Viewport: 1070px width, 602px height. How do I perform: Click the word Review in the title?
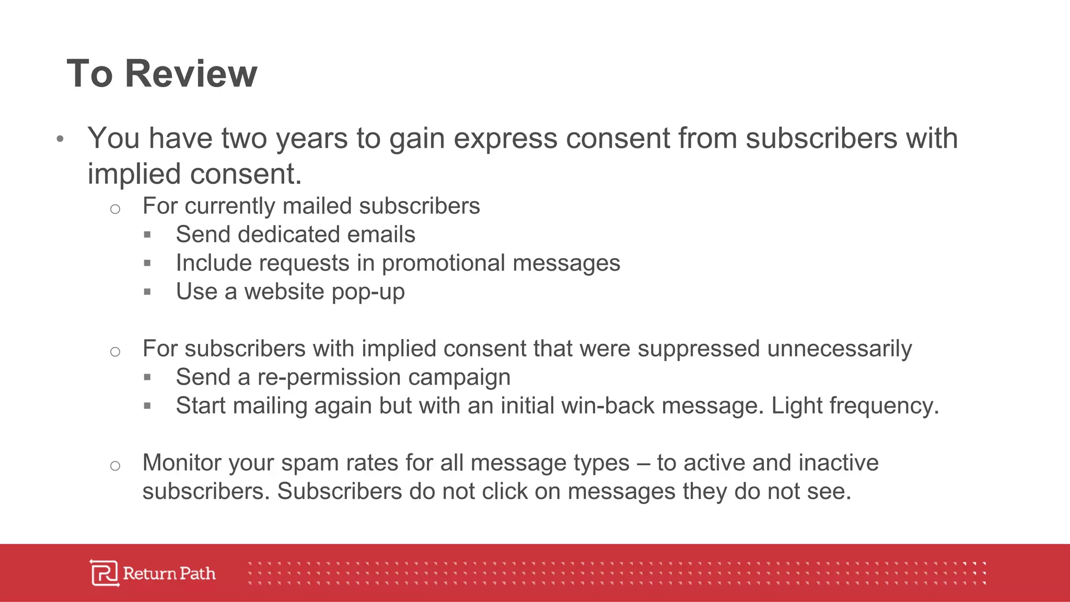click(x=191, y=74)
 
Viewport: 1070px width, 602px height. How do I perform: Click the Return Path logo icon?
click(x=104, y=573)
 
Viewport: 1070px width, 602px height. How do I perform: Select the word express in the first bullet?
click(x=505, y=138)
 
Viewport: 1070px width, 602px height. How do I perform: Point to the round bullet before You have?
click(x=60, y=139)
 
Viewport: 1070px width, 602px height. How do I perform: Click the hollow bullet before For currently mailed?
click(x=115, y=209)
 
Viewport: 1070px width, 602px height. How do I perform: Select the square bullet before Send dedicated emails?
click(x=147, y=235)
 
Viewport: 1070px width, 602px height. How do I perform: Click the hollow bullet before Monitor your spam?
click(x=115, y=466)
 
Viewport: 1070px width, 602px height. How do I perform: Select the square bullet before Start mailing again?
click(x=147, y=406)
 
